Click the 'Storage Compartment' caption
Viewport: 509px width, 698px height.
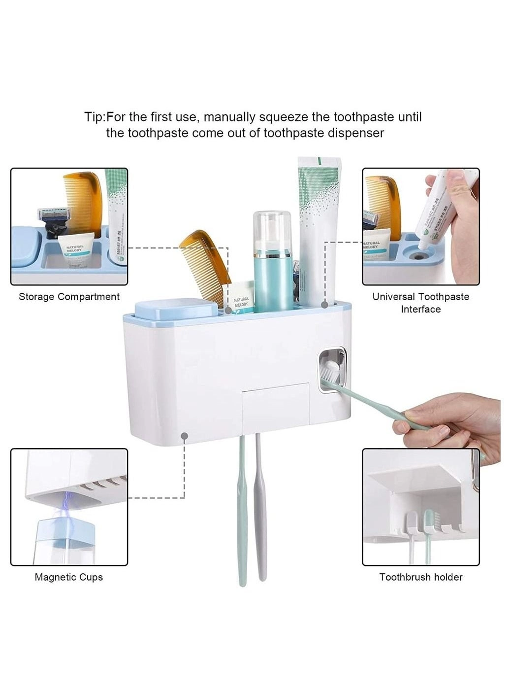pos(69,297)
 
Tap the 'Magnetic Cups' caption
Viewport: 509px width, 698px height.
pos(69,577)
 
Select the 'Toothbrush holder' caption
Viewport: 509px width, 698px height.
pos(421,577)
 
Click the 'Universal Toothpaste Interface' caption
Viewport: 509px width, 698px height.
pos(421,303)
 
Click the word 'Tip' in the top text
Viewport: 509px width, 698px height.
pos(94,117)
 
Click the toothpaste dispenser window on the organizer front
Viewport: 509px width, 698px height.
pos(332,370)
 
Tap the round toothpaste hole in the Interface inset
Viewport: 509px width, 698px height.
pos(418,255)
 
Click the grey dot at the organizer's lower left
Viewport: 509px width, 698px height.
pos(185,436)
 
